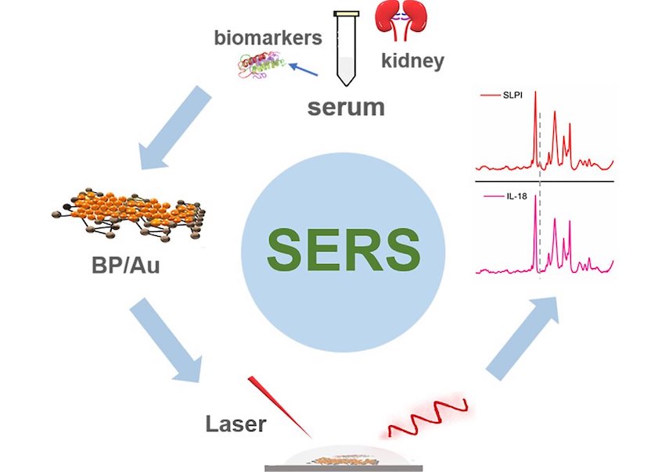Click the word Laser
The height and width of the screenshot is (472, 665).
coord(235,425)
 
